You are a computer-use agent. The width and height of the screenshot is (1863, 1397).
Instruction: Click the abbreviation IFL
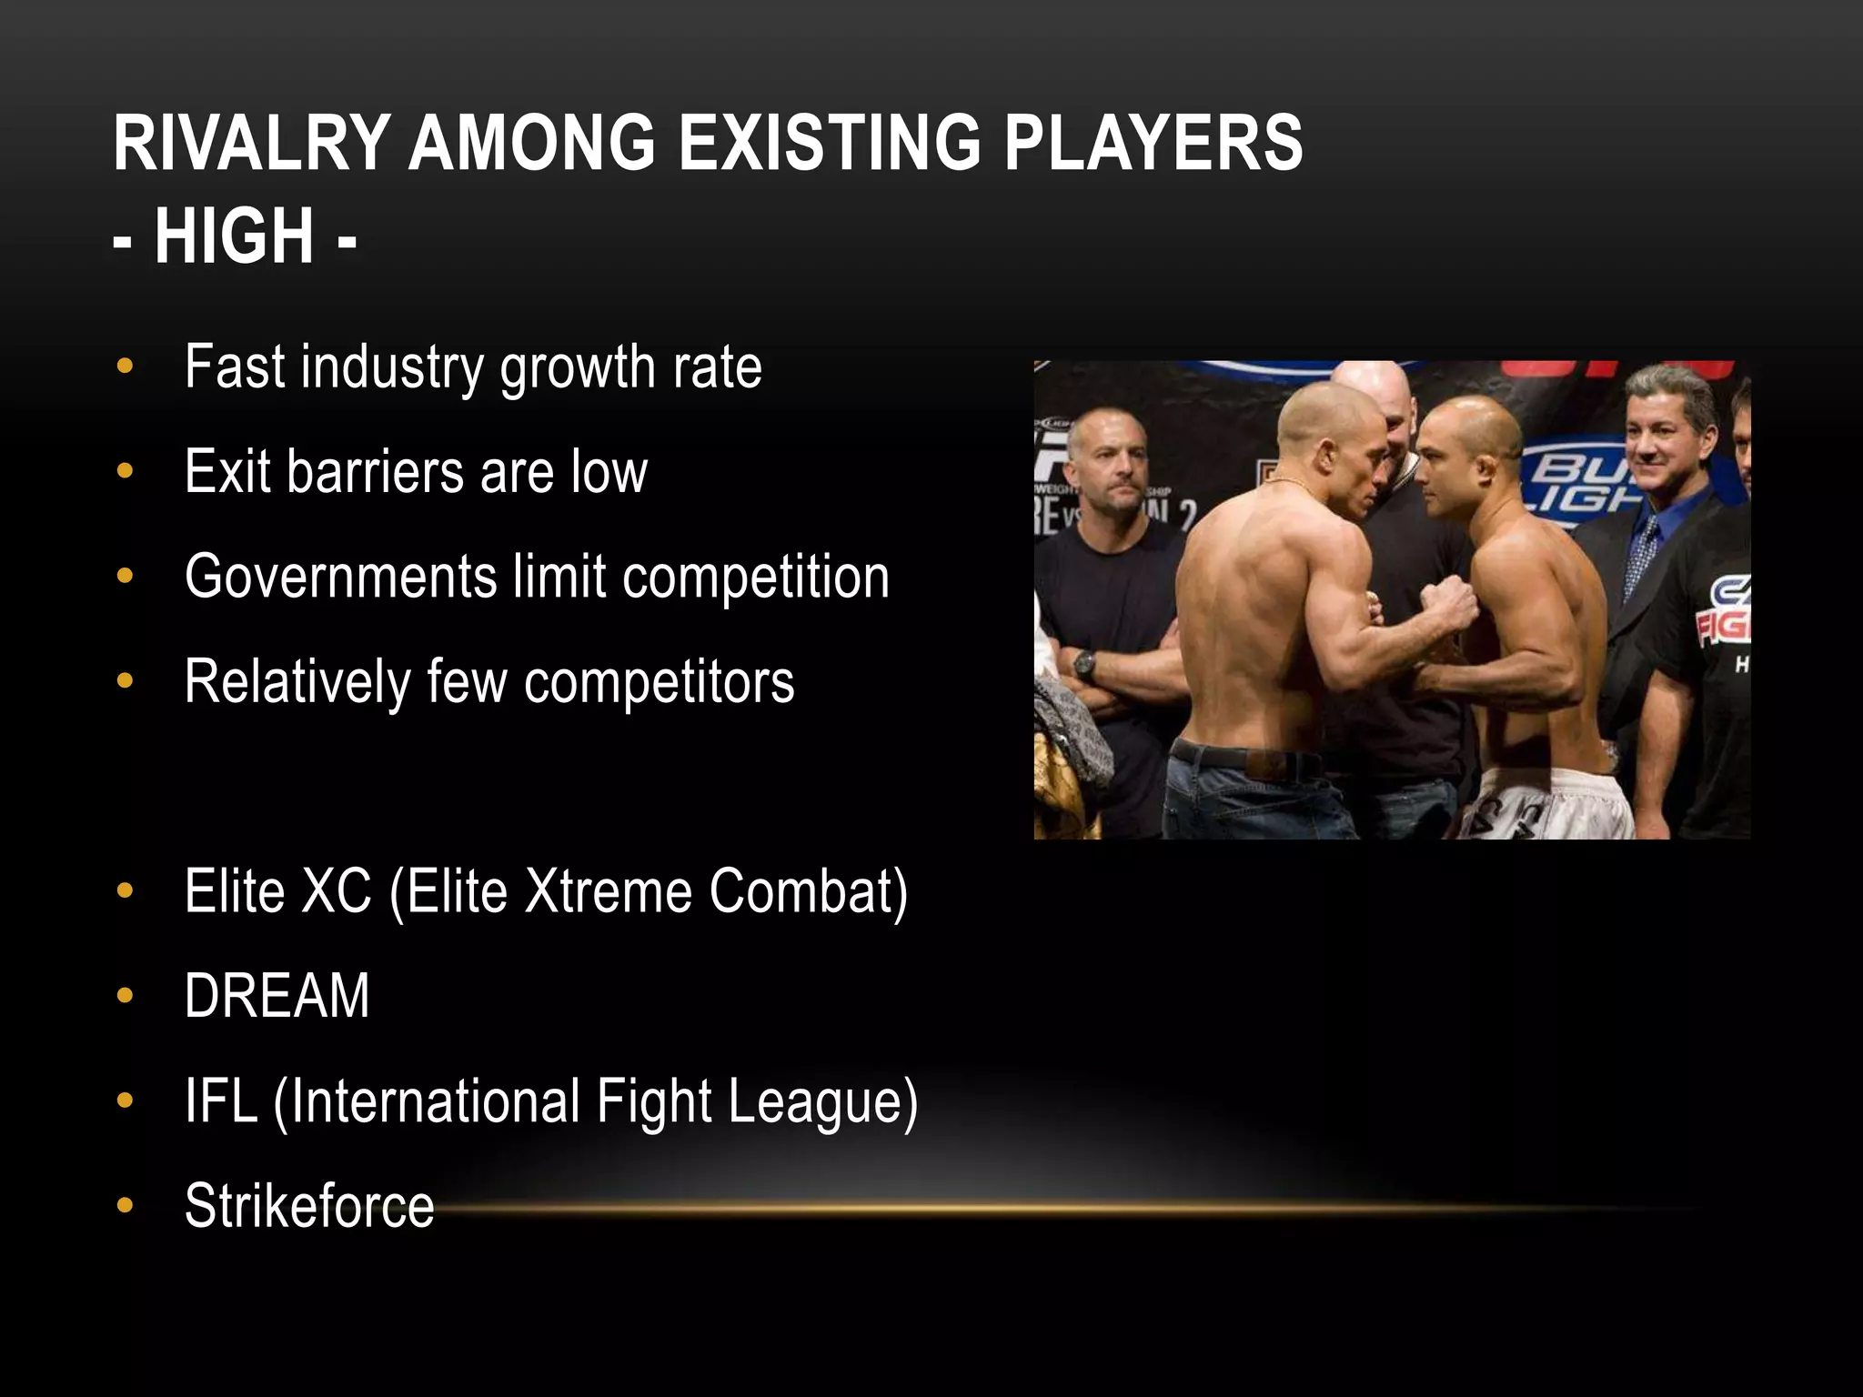pos(221,1101)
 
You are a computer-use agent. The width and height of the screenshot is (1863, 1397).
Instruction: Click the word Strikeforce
pos(309,1205)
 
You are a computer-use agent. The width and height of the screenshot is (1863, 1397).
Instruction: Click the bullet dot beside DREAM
pos(125,996)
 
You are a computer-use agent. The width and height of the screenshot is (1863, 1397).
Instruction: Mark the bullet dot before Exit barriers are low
pos(125,472)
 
